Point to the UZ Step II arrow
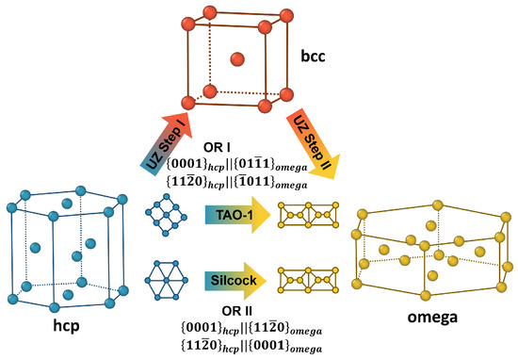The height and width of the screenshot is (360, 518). (x=314, y=139)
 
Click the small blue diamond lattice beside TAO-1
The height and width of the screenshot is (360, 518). (x=164, y=216)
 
